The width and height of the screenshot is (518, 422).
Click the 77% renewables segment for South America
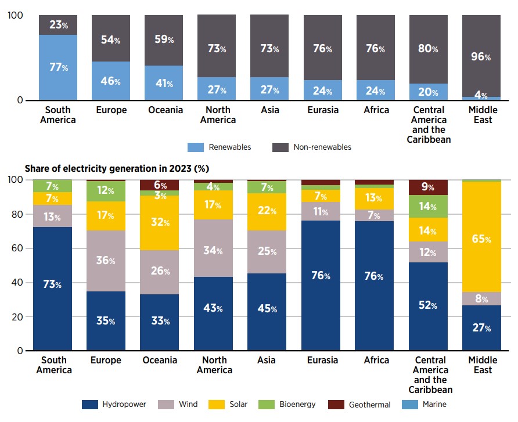pyautogui.click(x=58, y=67)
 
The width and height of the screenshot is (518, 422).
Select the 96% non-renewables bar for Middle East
pyautogui.click(x=481, y=56)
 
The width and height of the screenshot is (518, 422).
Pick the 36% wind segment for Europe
pyautogui.click(x=106, y=261)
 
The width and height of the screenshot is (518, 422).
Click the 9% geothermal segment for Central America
pyautogui.click(x=429, y=187)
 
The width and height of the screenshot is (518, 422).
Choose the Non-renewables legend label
pyautogui.click(x=322, y=147)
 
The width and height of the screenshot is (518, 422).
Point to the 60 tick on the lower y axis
pyautogui.click(x=17, y=248)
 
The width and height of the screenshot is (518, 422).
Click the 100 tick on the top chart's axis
pyautogui.click(x=16, y=15)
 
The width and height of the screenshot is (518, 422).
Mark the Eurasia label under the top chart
pyautogui.click(x=322, y=110)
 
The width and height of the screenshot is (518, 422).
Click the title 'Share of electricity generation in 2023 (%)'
pyautogui.click(x=117, y=168)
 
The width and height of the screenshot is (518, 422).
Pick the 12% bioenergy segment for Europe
pyautogui.click(x=106, y=191)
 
